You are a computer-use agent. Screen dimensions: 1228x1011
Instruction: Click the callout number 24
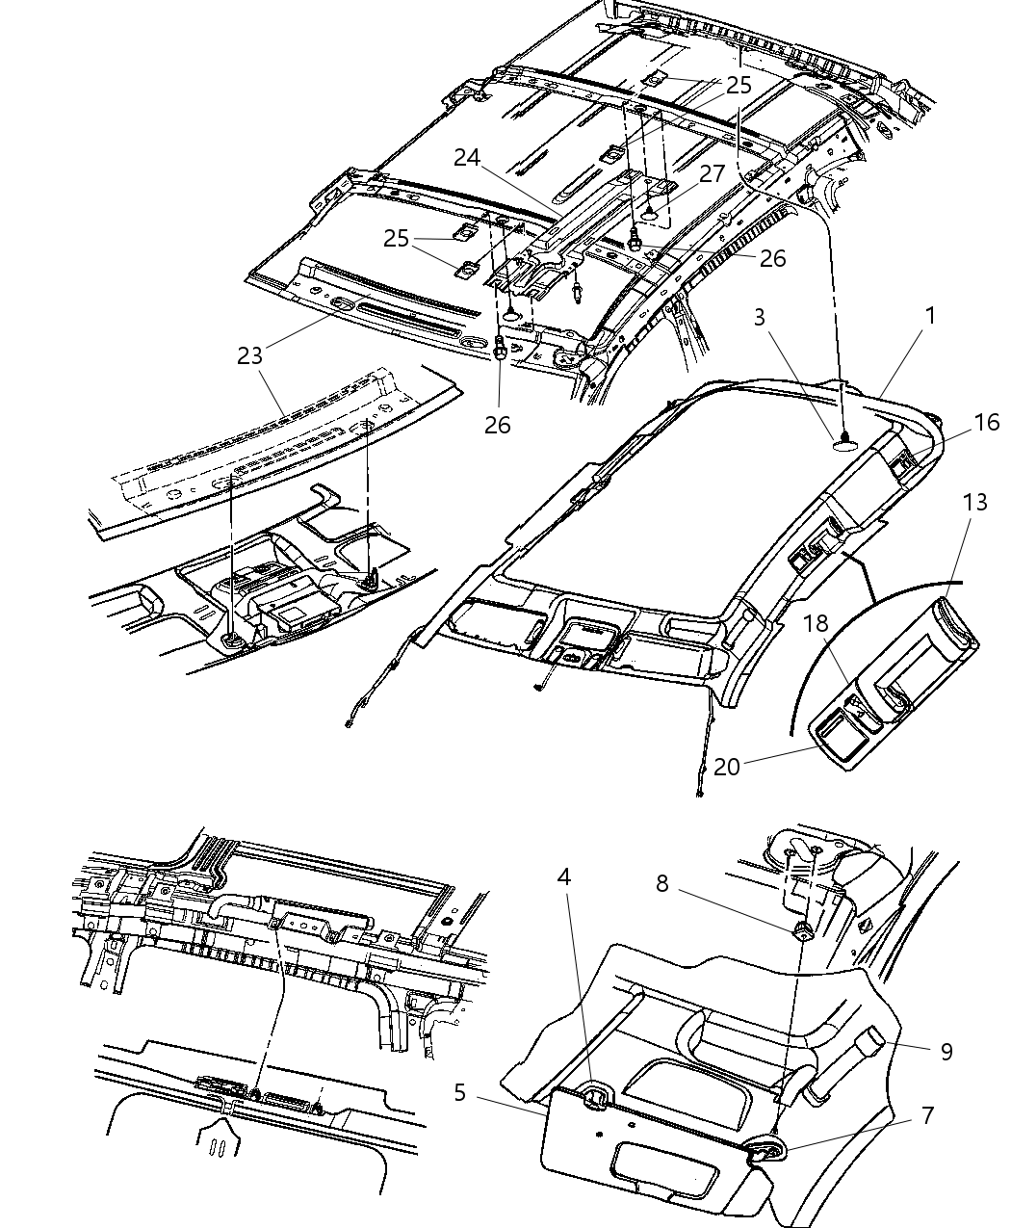coord(467,157)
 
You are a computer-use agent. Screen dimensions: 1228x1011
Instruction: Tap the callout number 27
coord(712,174)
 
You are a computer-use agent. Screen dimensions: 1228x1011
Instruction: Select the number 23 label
coord(249,355)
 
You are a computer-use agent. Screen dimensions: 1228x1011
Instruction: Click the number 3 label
coord(760,317)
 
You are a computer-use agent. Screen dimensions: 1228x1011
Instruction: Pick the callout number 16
coord(986,422)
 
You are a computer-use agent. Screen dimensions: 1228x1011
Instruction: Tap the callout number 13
coord(973,502)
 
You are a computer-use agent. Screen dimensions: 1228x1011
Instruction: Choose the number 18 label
coord(816,623)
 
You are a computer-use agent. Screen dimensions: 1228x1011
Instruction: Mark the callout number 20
coord(726,766)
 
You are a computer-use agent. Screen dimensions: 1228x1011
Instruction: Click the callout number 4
coord(563,876)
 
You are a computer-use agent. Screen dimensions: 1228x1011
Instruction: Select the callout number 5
coord(460,1092)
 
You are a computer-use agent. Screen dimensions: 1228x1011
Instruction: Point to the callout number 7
coord(927,1115)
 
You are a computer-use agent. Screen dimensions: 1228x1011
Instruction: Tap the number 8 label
coord(661,883)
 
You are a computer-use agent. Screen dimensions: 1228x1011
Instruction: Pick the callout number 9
coord(946,1051)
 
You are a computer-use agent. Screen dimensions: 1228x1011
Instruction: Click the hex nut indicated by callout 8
coord(802,929)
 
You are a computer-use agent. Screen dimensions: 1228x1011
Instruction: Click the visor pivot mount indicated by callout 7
coord(767,1146)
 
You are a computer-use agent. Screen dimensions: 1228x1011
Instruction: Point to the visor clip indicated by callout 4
coord(597,1093)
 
